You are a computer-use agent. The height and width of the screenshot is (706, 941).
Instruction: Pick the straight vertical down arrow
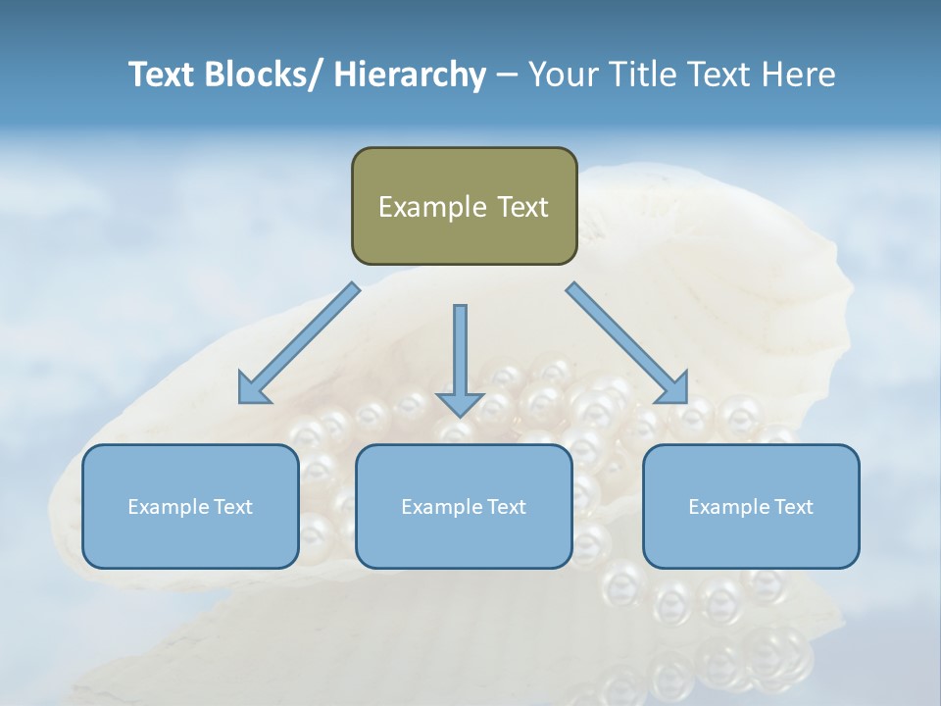460,358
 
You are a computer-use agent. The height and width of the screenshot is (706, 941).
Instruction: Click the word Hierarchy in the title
410,75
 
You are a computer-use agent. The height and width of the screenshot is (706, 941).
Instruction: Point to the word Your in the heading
562,75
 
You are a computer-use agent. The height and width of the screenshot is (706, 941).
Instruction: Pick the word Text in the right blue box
791,507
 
